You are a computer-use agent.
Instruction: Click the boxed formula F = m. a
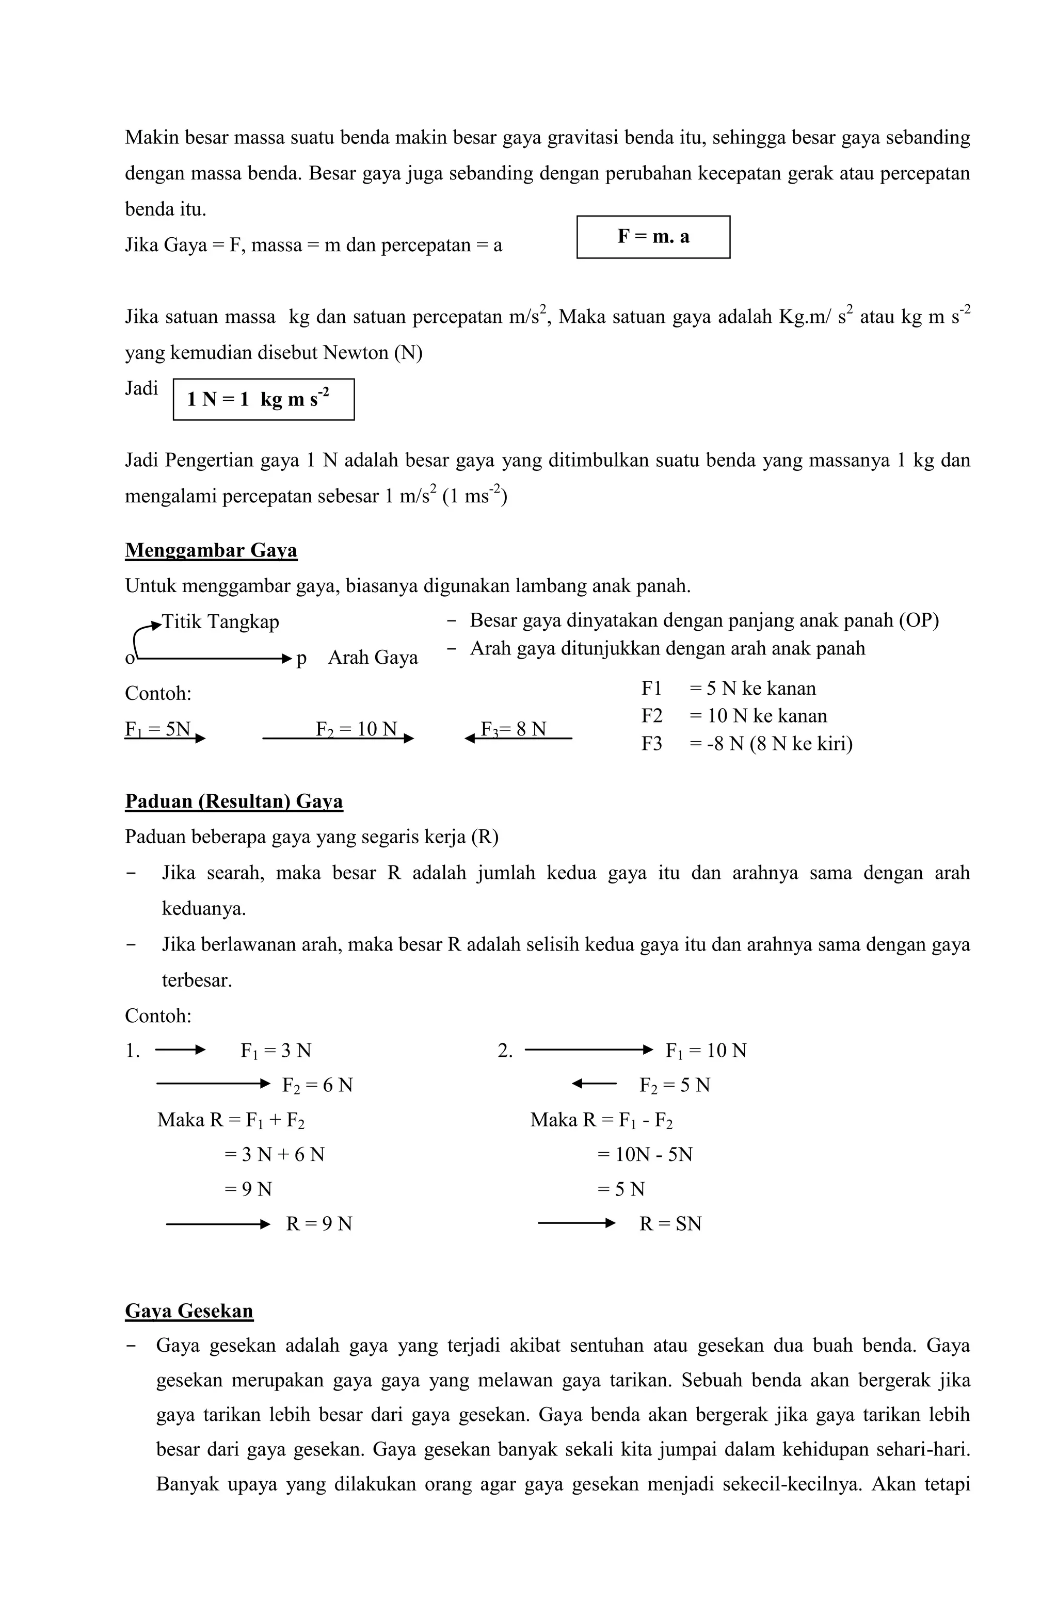653,237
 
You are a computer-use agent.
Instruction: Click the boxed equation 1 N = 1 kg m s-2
263,399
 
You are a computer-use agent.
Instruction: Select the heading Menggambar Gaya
211,550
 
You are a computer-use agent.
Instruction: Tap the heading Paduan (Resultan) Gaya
234,801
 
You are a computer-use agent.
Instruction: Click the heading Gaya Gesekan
189,1311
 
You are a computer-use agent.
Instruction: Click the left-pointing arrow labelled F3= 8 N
518,739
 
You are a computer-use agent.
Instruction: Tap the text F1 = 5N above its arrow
157,729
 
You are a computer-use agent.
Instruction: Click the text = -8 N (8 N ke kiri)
771,743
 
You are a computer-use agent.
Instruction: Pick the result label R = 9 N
319,1224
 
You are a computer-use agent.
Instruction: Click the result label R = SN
670,1224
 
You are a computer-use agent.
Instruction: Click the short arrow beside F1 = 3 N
180,1050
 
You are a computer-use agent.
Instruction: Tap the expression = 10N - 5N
645,1154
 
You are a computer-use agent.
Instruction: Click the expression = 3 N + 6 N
275,1154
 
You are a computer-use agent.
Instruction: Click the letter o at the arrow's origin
130,659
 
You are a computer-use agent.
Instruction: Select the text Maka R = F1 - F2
601,1120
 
